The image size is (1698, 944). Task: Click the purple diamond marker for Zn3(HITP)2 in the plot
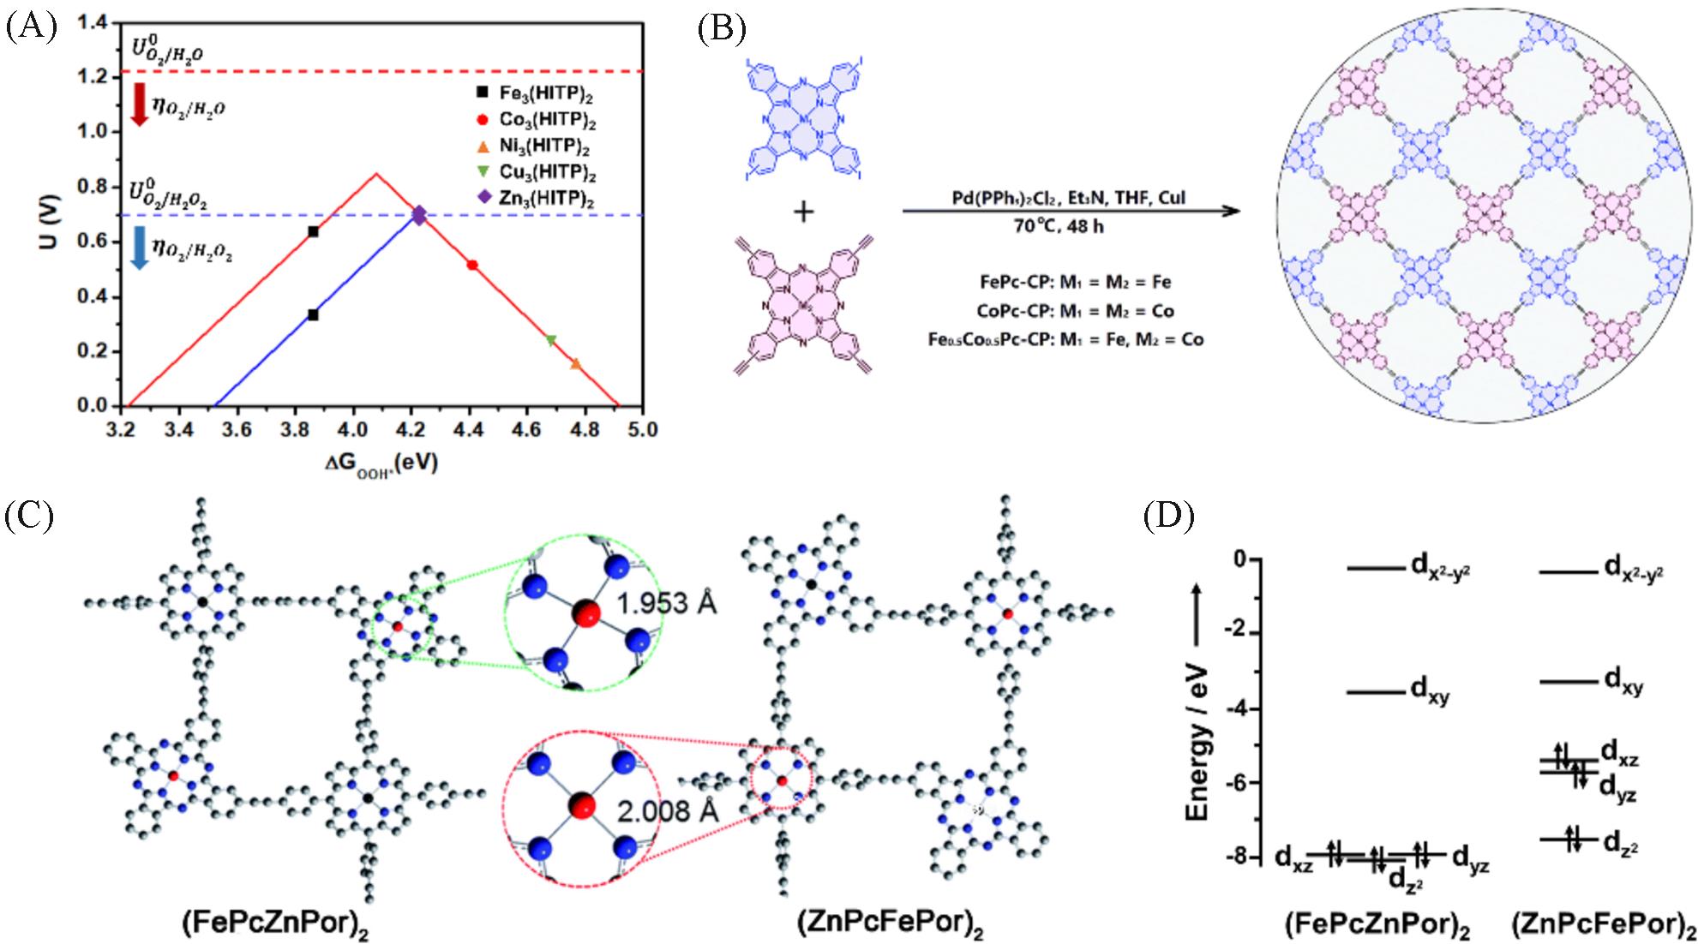(418, 215)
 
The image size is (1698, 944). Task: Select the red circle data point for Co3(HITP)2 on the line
(472, 266)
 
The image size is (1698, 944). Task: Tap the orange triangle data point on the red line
(576, 364)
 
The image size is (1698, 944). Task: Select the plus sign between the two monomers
(802, 212)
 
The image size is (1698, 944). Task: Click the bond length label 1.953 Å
(666, 605)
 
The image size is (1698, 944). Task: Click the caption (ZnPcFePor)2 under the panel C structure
(890, 924)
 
